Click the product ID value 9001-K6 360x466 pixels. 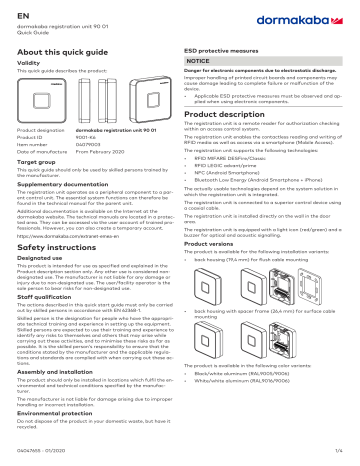[x=85, y=138]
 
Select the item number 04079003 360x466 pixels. [x=87, y=144]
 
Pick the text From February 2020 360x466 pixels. [x=100, y=151]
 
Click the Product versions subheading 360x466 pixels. [x=219, y=243]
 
